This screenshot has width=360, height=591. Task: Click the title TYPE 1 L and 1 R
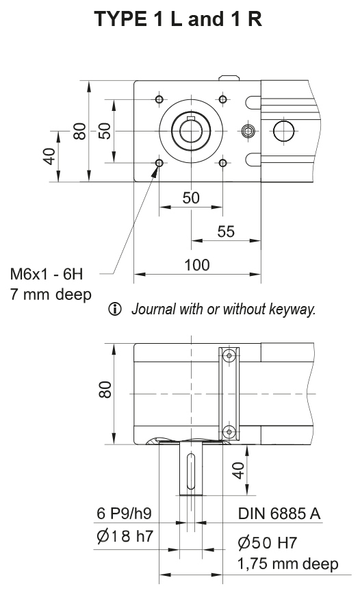pyautogui.click(x=180, y=19)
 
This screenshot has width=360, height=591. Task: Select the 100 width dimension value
pyautogui.click(x=197, y=265)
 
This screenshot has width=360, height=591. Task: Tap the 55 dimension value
pyautogui.click(x=225, y=231)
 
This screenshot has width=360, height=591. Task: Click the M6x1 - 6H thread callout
pyautogui.click(x=46, y=275)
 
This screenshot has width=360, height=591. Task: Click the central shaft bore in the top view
pyautogui.click(x=191, y=130)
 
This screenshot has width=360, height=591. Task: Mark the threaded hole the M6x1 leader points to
pyautogui.click(x=159, y=163)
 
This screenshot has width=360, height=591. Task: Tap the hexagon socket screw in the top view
pyautogui.click(x=248, y=131)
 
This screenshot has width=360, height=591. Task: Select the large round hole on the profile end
pyautogui.click(x=283, y=130)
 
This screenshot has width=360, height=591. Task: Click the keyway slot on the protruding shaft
pyautogui.click(x=191, y=470)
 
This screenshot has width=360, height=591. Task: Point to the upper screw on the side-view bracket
pyautogui.click(x=229, y=356)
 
